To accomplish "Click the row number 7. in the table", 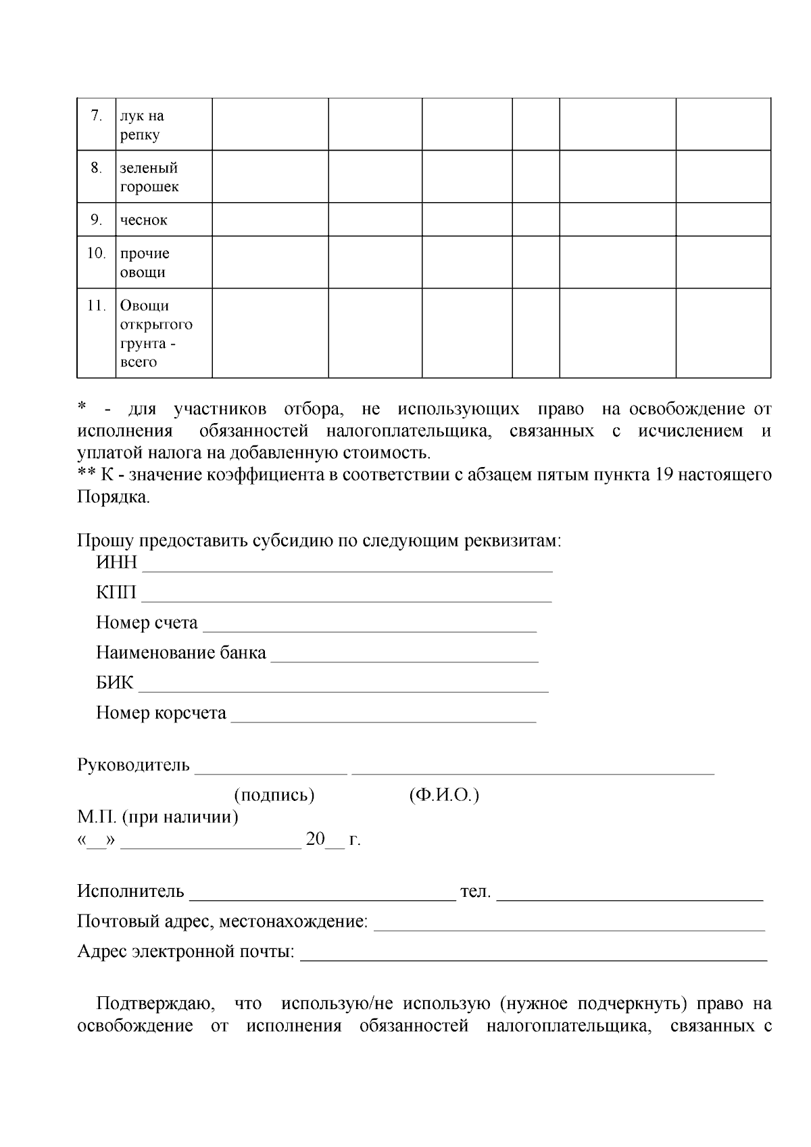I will (96, 116).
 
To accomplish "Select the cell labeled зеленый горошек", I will (149, 177).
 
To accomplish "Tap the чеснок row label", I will (143, 220).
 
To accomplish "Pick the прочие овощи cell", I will (145, 263).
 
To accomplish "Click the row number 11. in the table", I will (96, 306).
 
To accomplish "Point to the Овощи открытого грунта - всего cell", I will (156, 333).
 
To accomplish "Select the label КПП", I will (116, 593).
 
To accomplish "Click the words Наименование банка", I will (181, 653).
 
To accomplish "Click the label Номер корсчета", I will (161, 713).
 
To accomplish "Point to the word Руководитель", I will (134, 765).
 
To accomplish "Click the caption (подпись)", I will (274, 795).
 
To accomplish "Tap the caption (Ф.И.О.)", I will (444, 795).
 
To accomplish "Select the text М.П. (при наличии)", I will (157, 817).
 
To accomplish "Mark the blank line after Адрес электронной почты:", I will (533, 952).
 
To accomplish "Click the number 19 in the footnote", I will (662, 474).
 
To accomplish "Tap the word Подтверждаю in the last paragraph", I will (156, 1004).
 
